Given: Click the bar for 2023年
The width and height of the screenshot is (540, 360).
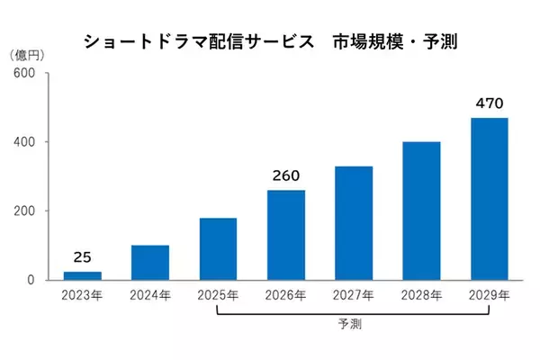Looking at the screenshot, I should (83, 275).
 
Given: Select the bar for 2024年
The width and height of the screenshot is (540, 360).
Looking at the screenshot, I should (150, 262).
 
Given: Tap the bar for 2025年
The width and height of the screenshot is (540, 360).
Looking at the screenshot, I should (218, 248).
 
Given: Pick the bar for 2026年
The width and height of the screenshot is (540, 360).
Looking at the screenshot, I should (286, 235).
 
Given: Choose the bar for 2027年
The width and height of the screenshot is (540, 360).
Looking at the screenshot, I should (354, 222).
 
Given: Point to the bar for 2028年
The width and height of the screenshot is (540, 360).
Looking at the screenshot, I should (421, 211).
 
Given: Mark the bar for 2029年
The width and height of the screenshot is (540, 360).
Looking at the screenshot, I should (490, 199).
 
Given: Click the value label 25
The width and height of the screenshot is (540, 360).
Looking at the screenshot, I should (83, 257).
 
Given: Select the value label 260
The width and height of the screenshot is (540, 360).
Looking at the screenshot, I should (286, 175).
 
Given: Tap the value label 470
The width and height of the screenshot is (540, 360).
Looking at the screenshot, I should (490, 103).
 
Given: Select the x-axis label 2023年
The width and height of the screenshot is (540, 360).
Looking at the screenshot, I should (83, 294).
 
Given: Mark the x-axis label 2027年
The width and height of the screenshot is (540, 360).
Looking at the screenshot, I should (354, 294).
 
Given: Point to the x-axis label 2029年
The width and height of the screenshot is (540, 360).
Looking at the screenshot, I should (490, 294).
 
